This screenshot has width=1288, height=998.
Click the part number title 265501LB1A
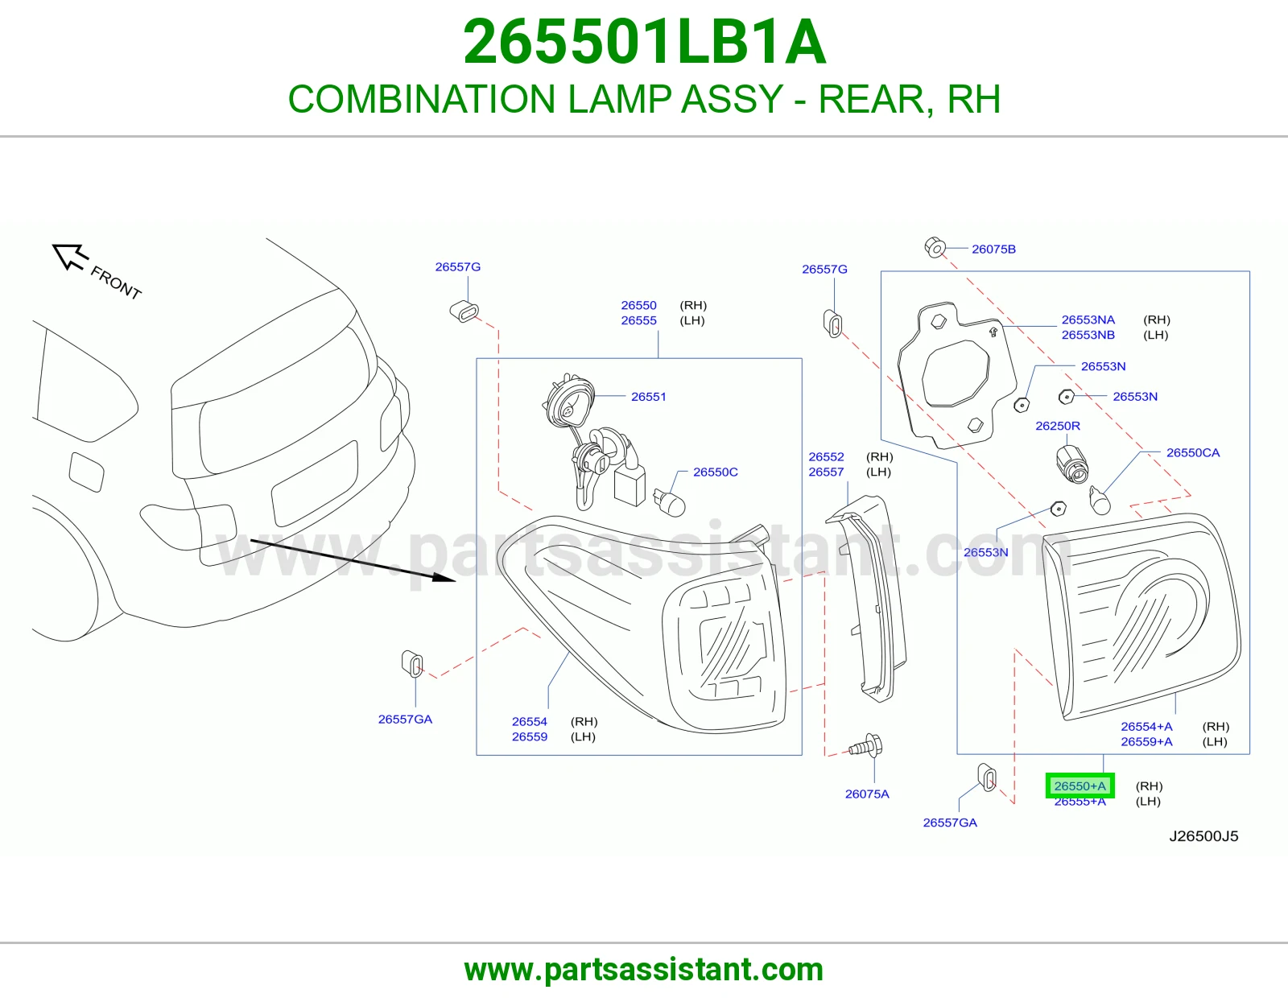pos(644,42)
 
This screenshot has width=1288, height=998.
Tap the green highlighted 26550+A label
pos(1080,786)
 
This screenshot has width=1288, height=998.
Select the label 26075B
pos(993,249)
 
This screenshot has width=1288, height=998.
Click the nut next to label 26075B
pos(935,248)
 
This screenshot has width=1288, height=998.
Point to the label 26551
pos(649,397)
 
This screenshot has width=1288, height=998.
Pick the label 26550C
pos(716,472)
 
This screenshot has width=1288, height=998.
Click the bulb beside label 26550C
pos(670,502)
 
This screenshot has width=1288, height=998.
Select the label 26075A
pos(867,794)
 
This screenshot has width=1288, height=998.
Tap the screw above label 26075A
pos(866,746)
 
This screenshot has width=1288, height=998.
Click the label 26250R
pos(1058,426)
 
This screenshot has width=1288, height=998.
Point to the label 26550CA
pos(1192,453)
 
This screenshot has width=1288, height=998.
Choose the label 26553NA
pos(1088,320)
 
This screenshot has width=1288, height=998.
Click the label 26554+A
pos(1146,726)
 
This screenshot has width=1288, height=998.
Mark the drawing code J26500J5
pos(1203,835)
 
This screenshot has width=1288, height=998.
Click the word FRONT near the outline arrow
pos(116,282)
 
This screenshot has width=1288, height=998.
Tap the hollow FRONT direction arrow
pos(70,258)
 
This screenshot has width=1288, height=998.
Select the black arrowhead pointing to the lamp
pos(444,576)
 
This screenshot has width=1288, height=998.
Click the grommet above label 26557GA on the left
pos(412,663)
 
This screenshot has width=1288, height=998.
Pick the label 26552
pos(826,456)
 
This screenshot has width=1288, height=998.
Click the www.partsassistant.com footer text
pos(644,970)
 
